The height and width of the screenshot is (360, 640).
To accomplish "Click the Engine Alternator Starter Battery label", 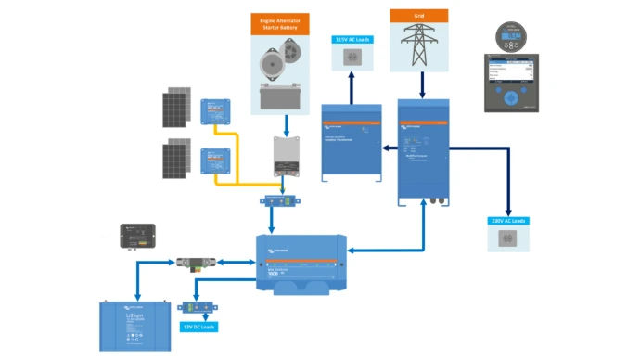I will (279, 23).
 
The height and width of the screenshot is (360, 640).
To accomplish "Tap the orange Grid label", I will (418, 16).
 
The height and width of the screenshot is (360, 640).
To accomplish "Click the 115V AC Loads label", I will (352, 41).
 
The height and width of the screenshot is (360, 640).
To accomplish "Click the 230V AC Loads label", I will (508, 221).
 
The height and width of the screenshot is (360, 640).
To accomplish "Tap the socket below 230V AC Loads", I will (508, 240).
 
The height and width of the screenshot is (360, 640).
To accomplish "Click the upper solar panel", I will (177, 108).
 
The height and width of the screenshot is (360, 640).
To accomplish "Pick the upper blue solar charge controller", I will (216, 112).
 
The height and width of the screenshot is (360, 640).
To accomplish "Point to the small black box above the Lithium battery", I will (139, 238).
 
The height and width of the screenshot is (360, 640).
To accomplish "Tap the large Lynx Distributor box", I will (301, 264).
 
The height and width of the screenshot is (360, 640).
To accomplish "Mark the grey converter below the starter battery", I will (287, 157).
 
